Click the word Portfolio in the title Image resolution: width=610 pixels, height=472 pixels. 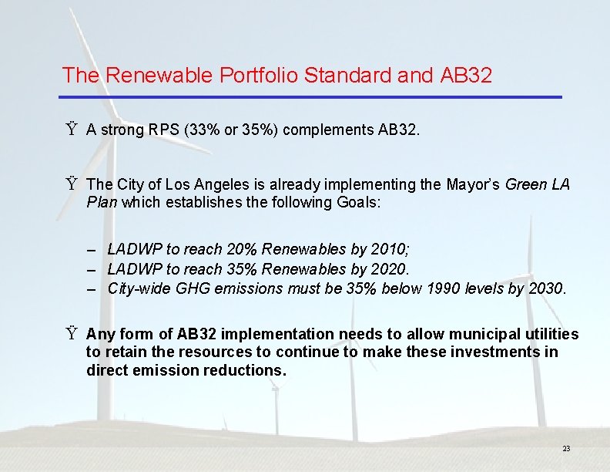point(259,76)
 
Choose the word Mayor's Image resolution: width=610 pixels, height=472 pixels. point(473,184)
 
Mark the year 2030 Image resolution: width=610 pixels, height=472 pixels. point(547,289)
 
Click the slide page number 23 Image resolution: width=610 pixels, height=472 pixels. point(566,449)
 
